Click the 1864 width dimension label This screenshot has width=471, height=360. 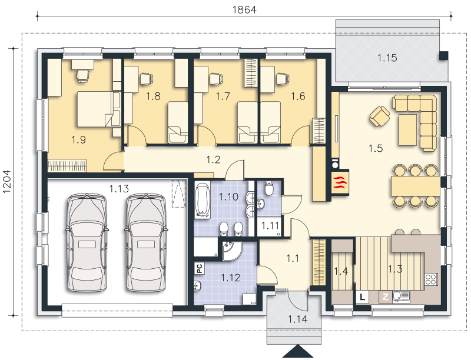[244, 9]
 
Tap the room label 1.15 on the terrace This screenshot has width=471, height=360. [387, 58]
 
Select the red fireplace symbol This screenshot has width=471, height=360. [340, 182]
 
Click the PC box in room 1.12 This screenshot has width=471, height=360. [200, 268]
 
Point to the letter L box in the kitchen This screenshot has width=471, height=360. [363, 297]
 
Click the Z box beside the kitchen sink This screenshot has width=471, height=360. [386, 297]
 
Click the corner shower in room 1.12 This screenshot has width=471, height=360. [231, 251]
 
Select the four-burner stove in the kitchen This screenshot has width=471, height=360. [431, 279]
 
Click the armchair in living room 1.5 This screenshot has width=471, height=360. [380, 116]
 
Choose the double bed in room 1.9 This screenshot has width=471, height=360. [99, 109]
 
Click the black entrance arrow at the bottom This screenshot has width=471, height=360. [298, 351]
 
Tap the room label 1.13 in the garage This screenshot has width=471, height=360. [119, 189]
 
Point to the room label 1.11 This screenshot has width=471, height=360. [270, 226]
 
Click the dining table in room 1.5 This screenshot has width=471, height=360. [416, 186]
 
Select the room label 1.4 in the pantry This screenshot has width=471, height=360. [341, 271]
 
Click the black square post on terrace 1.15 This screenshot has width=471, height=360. [444, 56]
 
